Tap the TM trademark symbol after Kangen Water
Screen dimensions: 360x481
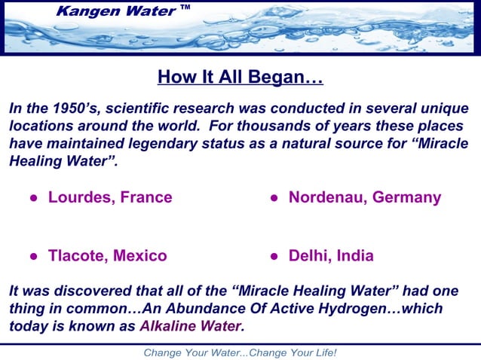click(185, 8)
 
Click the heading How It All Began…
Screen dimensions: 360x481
click(240, 78)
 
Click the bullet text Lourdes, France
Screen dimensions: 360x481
click(110, 198)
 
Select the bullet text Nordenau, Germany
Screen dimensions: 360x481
click(364, 198)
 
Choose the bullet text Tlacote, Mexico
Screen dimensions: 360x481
click(107, 256)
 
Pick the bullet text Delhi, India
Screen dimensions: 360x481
click(331, 256)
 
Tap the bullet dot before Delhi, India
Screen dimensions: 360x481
click(275, 257)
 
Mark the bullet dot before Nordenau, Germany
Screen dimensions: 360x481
click(275, 199)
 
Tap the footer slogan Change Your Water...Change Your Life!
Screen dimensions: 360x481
click(240, 352)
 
